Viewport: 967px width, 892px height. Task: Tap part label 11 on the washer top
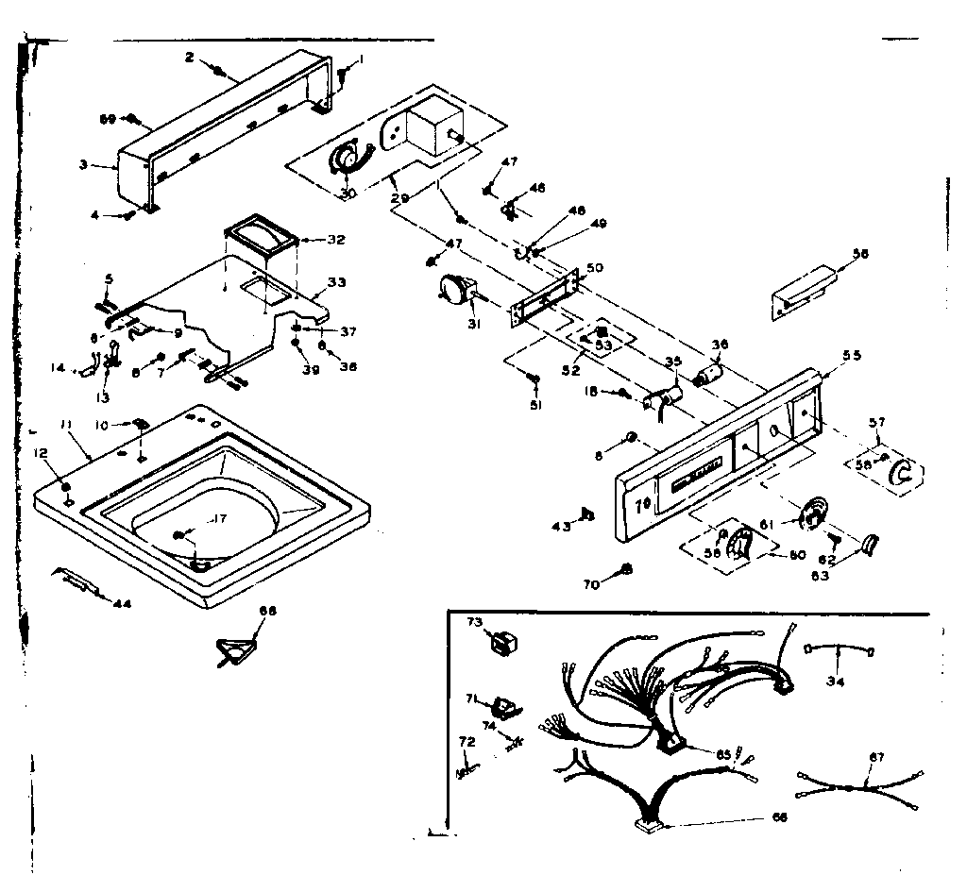[x=66, y=428]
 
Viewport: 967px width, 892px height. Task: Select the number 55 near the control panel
[x=852, y=355]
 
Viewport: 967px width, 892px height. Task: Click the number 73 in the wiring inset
[x=475, y=622]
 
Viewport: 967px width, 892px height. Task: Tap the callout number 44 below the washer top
[x=121, y=604]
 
